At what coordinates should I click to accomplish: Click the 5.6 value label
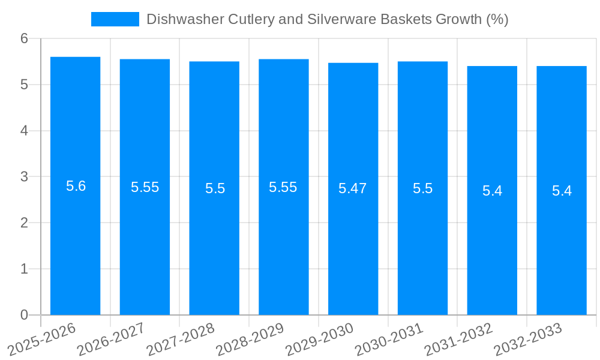click(76, 186)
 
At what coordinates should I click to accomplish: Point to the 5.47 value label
click(353, 188)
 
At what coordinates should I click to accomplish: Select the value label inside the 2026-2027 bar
click(145, 187)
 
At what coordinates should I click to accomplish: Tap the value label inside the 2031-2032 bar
click(492, 191)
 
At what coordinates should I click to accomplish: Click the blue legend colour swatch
click(115, 19)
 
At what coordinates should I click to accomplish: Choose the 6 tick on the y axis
click(24, 38)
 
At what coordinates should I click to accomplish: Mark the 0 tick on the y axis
click(24, 315)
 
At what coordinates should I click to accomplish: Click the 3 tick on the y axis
click(24, 177)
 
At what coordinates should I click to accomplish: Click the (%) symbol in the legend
click(497, 19)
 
